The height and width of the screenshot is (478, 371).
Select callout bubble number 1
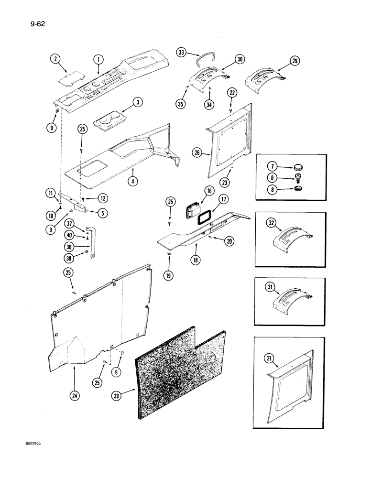(98, 59)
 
